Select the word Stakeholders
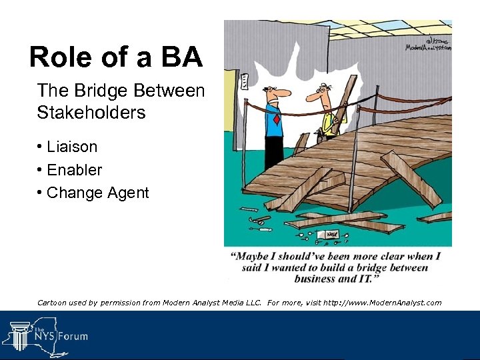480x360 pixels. point(91,113)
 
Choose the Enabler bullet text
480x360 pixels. point(74,170)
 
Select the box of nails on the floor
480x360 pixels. point(331,235)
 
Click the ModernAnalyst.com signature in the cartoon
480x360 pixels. point(428,44)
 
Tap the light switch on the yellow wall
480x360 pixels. point(244,82)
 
